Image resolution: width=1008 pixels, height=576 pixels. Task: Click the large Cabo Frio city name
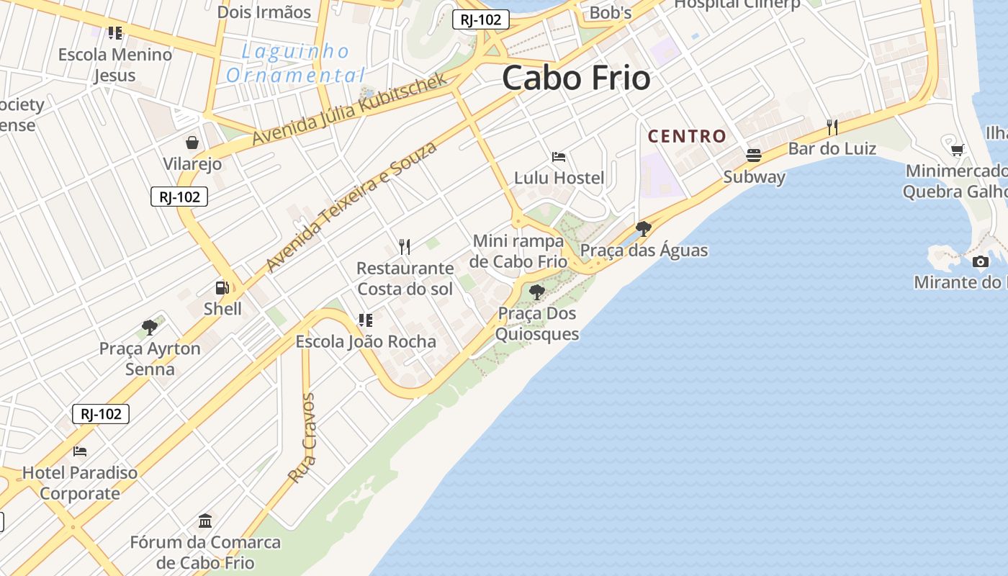[x=576, y=78]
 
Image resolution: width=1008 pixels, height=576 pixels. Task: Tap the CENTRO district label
[x=687, y=136]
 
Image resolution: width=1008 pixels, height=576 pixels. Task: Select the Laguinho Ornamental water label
[x=296, y=63]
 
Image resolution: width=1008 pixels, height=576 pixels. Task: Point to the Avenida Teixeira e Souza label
[x=351, y=206]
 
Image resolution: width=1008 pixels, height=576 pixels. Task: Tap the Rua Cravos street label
[x=302, y=437]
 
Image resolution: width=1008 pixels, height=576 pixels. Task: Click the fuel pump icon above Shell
[x=222, y=288]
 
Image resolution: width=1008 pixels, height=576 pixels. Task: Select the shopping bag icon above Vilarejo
[x=192, y=143]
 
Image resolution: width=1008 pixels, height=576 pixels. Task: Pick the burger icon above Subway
[x=754, y=156]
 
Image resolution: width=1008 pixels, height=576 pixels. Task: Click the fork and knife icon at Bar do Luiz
[x=832, y=127]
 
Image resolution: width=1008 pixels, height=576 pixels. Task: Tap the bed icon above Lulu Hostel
[x=559, y=157]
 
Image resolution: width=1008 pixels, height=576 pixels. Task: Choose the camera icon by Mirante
[x=980, y=261]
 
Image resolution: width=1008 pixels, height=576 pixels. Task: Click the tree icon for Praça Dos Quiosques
[x=536, y=292]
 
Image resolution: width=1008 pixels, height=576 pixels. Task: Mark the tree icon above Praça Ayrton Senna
[x=150, y=328]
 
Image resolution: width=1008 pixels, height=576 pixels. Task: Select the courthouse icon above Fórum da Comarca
[x=205, y=521]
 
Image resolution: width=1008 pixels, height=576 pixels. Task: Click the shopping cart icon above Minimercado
[x=957, y=150]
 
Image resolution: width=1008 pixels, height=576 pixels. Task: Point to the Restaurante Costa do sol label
[x=405, y=279]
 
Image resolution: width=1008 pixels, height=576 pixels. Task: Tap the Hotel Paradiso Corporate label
[x=80, y=483]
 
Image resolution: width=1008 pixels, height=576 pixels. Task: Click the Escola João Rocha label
[x=366, y=341]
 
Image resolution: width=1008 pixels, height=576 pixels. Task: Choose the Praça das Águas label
[x=644, y=251]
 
